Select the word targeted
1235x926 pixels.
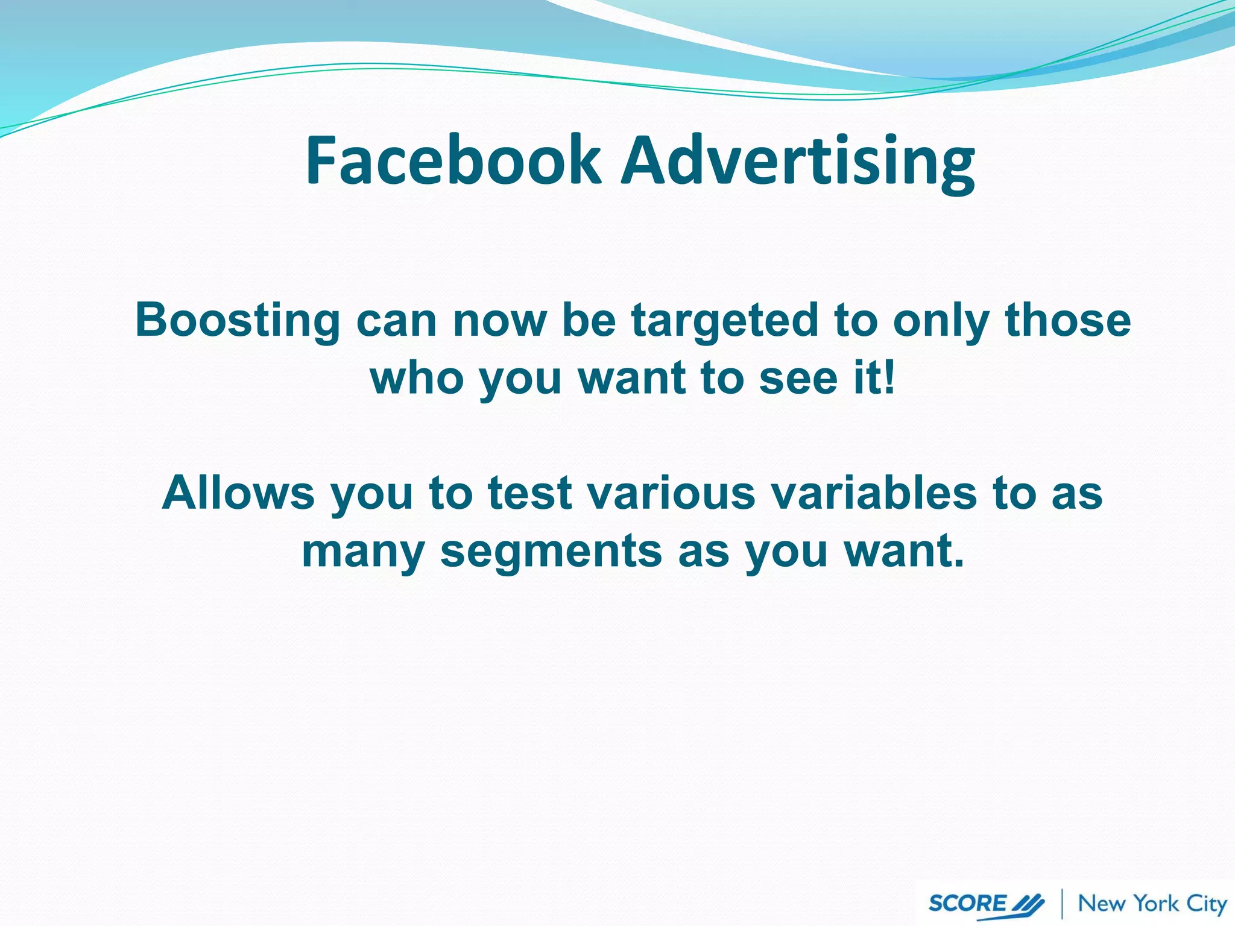(x=724, y=320)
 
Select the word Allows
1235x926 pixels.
(x=238, y=493)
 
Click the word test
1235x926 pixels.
(x=529, y=493)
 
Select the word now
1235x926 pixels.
(x=499, y=320)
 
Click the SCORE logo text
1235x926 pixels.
(x=967, y=903)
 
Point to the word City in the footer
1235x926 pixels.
(x=1207, y=904)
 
